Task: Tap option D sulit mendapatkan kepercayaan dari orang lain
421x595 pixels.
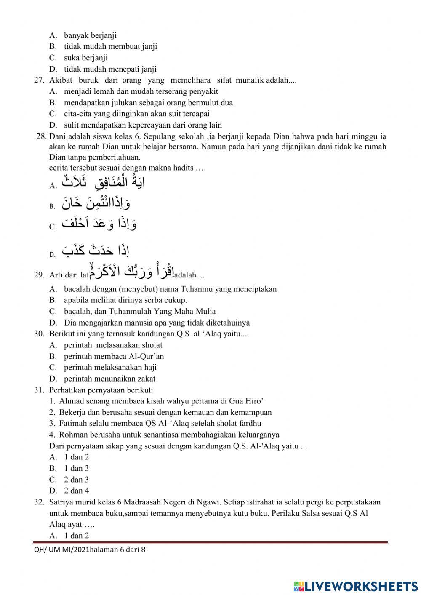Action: [x=143, y=125]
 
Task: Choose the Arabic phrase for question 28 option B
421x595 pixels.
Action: [x=96, y=203]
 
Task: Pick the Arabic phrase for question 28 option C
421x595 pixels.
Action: [x=99, y=224]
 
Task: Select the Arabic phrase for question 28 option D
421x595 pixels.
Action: [x=96, y=251]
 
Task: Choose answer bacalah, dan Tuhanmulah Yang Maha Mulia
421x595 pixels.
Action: [x=140, y=312]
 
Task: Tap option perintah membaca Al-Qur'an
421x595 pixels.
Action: [x=114, y=356]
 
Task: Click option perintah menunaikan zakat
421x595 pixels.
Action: [x=109, y=379]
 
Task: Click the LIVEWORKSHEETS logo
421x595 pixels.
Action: [x=355, y=586]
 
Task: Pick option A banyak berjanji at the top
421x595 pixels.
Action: [x=90, y=35]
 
